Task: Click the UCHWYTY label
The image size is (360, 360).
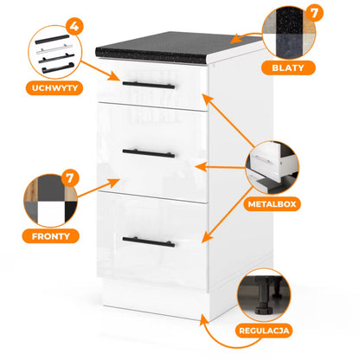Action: (x=55, y=87)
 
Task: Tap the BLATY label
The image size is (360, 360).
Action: (x=288, y=67)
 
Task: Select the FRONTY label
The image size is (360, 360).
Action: (x=51, y=236)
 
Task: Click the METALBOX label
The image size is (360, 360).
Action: (x=272, y=204)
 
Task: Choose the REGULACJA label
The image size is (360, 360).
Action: (x=264, y=331)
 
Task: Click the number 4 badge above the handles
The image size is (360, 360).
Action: (x=74, y=26)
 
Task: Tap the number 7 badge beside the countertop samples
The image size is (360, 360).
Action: (x=314, y=13)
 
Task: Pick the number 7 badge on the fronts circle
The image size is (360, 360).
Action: (x=70, y=178)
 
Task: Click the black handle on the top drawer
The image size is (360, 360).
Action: (x=149, y=85)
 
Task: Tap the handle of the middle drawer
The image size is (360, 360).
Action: (x=149, y=153)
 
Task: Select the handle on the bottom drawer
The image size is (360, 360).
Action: (x=149, y=242)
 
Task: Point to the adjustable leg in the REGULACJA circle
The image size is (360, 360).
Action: (x=263, y=297)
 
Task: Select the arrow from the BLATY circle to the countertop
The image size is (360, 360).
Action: (x=246, y=38)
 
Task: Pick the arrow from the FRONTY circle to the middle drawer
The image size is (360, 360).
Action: (x=99, y=188)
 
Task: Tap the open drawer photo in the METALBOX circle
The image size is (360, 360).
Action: (x=273, y=167)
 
